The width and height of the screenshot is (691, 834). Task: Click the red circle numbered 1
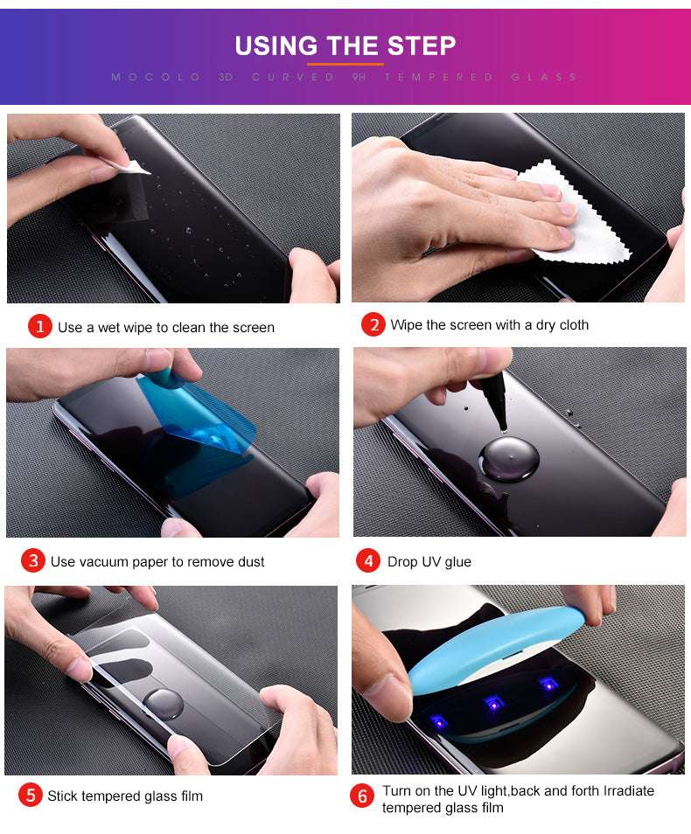click(x=40, y=327)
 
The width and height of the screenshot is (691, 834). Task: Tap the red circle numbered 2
click(x=373, y=324)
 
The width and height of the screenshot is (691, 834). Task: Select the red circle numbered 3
click(x=32, y=561)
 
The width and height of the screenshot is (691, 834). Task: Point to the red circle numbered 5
click(x=31, y=796)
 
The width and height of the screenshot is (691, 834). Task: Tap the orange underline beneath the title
click(x=345, y=64)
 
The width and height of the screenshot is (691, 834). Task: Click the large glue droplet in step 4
click(x=508, y=457)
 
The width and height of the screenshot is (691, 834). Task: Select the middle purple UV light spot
click(x=493, y=701)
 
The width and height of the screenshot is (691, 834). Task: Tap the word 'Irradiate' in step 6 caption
click(x=625, y=790)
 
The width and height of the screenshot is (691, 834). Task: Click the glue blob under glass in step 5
click(x=164, y=702)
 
